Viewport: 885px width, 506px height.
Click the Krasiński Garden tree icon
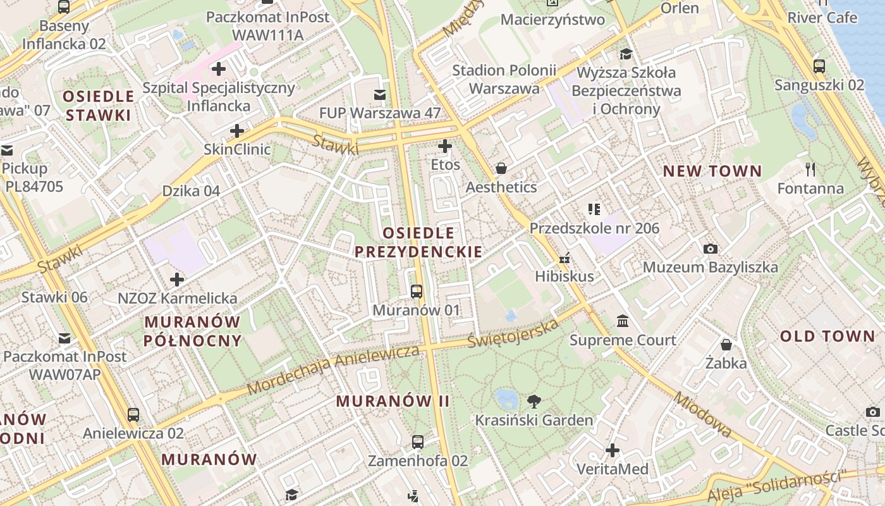(x=534, y=400)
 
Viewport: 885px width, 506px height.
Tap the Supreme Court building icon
(x=623, y=321)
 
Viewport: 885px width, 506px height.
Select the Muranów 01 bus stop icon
(x=417, y=292)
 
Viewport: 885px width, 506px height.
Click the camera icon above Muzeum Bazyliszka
(x=711, y=249)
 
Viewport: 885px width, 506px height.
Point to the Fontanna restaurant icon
(x=811, y=169)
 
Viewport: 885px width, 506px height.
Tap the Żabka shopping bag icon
(x=726, y=345)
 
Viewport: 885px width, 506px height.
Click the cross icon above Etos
(x=445, y=147)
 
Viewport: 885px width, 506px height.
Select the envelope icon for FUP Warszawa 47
(x=380, y=95)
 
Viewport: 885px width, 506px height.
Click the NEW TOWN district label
(x=712, y=171)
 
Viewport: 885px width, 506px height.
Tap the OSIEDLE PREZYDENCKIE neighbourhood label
(x=418, y=242)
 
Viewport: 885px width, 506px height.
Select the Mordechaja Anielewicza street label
(x=333, y=369)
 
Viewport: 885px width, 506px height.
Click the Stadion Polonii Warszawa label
(x=504, y=79)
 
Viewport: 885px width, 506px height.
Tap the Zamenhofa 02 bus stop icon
(x=418, y=442)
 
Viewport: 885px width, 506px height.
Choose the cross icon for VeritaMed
(x=613, y=450)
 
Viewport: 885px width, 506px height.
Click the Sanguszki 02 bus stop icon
(x=819, y=66)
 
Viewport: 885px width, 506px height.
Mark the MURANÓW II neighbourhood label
(x=393, y=401)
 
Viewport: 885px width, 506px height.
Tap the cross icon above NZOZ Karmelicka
(x=177, y=279)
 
